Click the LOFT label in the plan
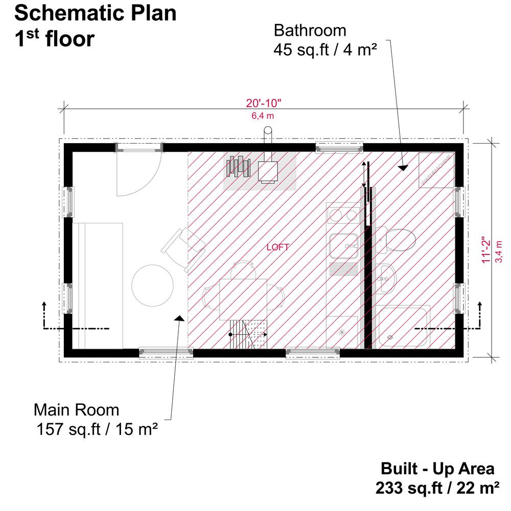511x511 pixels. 277,247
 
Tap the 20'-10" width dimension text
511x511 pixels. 263,103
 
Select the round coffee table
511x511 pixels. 152,286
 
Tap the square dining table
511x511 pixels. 243,299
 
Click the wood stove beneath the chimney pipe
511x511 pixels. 268,172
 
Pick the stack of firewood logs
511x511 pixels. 238,166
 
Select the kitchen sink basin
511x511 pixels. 344,246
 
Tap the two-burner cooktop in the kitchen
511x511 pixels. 343,215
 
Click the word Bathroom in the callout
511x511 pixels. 310,31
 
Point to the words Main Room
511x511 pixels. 77,410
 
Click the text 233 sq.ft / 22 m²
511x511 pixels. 437,488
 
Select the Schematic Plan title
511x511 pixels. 96,13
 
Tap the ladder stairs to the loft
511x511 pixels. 248,334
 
